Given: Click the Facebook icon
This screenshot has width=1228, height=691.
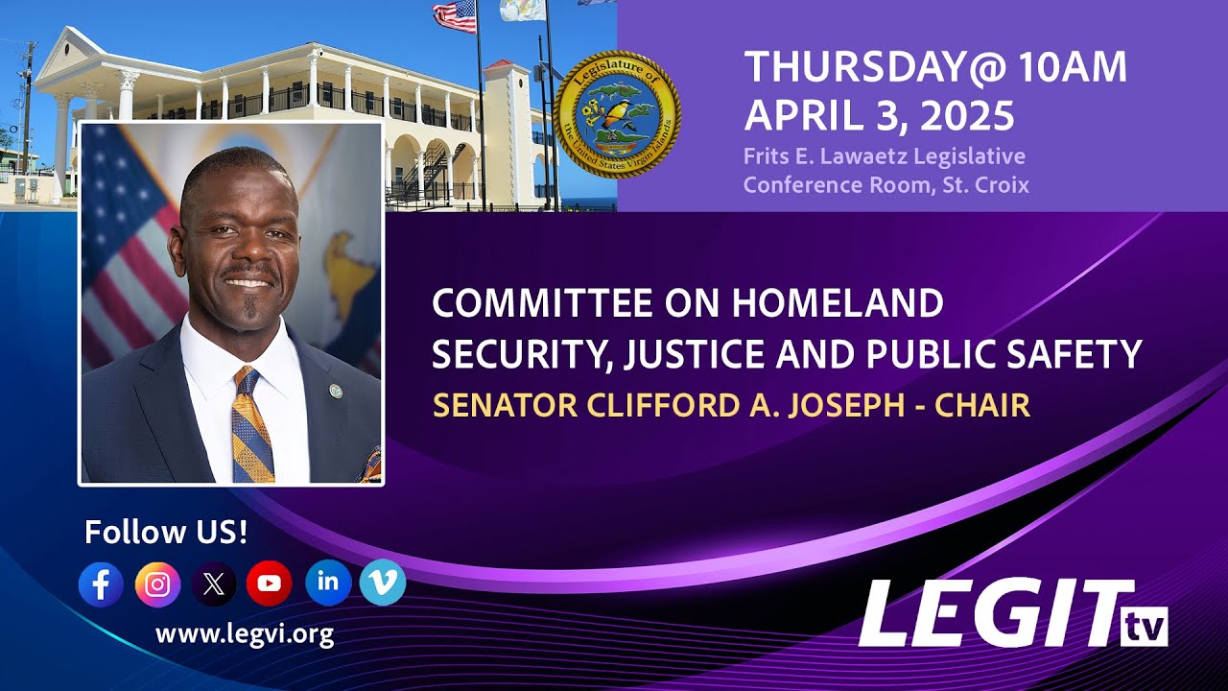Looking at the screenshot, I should click(x=101, y=584).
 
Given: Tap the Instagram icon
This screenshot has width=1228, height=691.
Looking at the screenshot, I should click(x=157, y=584).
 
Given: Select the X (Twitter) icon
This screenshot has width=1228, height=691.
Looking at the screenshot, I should click(x=213, y=584).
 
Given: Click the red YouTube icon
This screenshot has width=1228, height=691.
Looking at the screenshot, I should click(x=270, y=584).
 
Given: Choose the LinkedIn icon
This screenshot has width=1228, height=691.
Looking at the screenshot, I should click(x=327, y=582).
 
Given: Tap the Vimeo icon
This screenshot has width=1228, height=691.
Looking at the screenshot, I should click(x=383, y=582).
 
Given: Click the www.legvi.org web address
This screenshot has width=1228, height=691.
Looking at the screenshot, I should click(x=244, y=633).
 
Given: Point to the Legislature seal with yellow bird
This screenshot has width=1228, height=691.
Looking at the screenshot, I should click(x=617, y=115).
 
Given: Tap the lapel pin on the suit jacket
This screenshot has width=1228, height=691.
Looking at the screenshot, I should click(x=336, y=391).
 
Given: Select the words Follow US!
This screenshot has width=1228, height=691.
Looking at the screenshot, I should click(x=166, y=532).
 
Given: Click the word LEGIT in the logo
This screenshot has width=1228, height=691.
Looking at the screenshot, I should click(x=988, y=614).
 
